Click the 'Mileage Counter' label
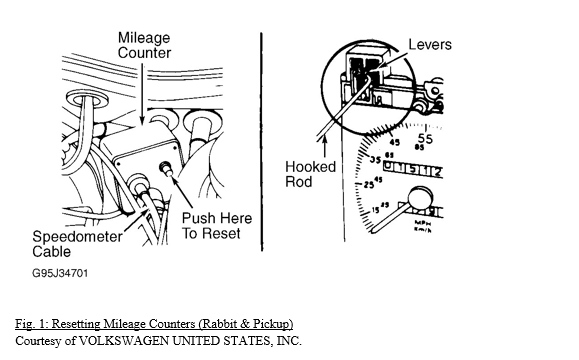coord(144,45)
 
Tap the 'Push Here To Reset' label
coord(217,226)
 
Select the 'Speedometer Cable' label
coord(77,244)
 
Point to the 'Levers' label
coord(430,45)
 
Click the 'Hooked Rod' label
coord(311,174)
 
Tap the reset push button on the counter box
coord(165,169)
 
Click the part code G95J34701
coord(60,274)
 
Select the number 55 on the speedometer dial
coord(425,138)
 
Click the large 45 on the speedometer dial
coord(394,142)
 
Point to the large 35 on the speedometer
coord(375,160)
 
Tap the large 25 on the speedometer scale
coord(369,184)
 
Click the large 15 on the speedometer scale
coord(375,210)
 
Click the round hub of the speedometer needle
coord(420,199)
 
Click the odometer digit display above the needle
coord(413,169)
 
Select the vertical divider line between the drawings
coord(262,142)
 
